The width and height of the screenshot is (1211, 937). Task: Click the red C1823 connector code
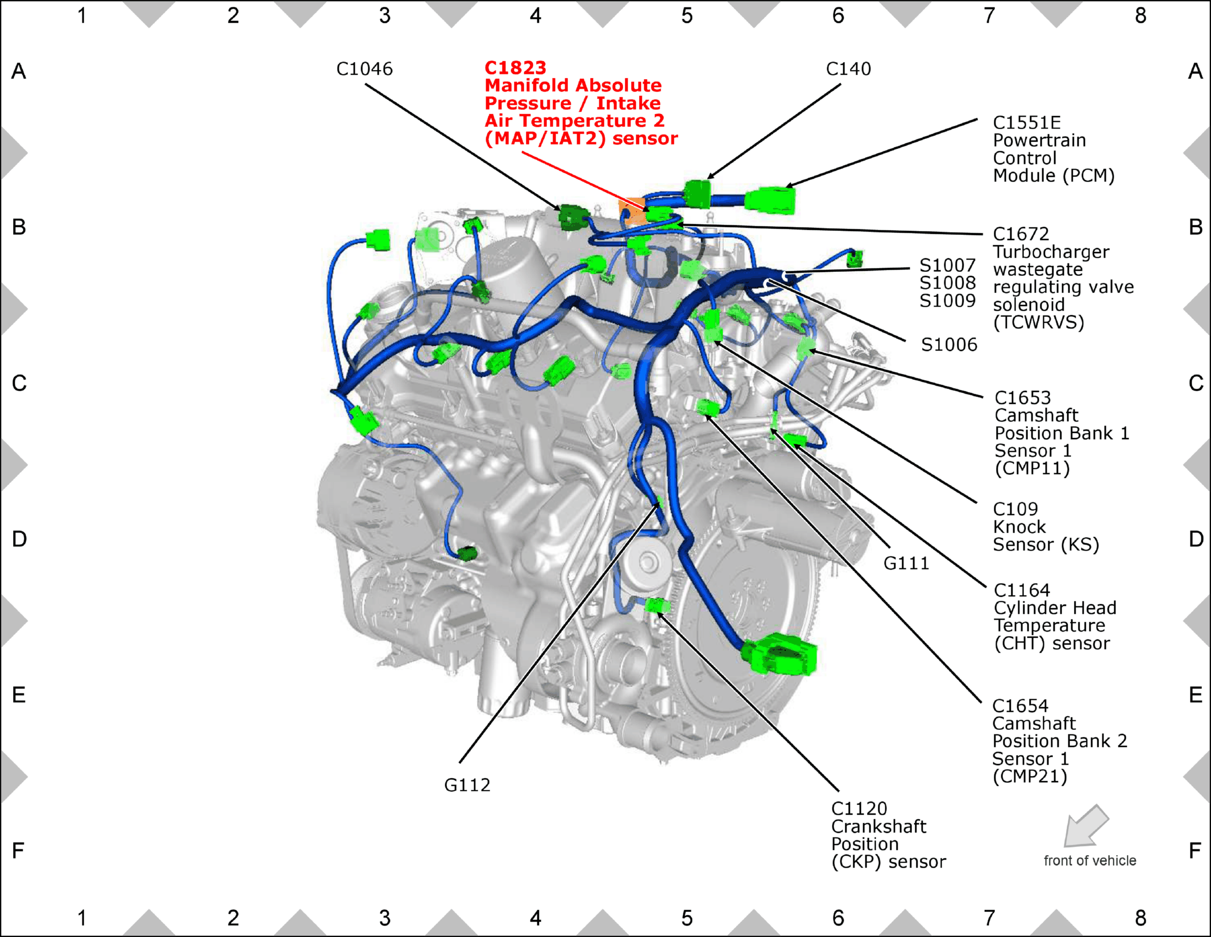(515, 68)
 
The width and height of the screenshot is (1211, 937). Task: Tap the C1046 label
(364, 69)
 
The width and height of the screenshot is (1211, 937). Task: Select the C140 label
(848, 69)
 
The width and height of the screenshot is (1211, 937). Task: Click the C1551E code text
(1027, 122)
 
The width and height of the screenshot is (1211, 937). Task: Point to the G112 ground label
(467, 785)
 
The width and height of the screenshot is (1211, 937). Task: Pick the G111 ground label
(906, 563)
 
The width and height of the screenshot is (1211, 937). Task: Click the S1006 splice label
(949, 344)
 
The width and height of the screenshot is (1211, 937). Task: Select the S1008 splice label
(948, 283)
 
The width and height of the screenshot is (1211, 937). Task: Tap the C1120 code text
(859, 808)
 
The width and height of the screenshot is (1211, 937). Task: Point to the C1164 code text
(1022, 590)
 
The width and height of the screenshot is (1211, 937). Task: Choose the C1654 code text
(1020, 706)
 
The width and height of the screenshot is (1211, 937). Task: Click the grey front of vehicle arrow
(1085, 826)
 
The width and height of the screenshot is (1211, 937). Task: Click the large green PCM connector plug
(770, 200)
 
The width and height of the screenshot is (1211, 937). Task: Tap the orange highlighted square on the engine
(632, 210)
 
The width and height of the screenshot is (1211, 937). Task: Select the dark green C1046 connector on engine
(573, 217)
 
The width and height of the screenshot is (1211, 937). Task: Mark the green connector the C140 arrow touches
(698, 194)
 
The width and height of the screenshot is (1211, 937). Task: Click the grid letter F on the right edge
(1195, 851)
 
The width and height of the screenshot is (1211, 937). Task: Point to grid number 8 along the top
(1141, 16)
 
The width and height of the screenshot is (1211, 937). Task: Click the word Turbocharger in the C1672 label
(1051, 251)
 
